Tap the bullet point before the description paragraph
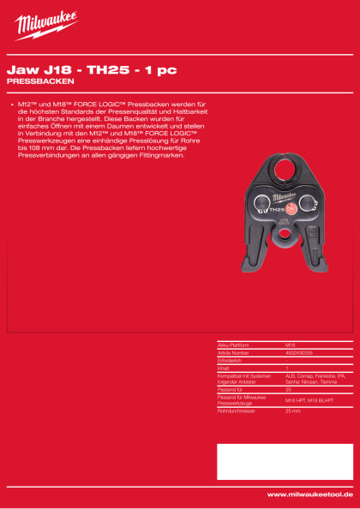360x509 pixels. pyautogui.click(x=9, y=104)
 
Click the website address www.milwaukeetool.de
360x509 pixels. pyautogui.click(x=309, y=494)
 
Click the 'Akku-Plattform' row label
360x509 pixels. pyautogui.click(x=235, y=344)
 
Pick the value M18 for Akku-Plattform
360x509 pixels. pyautogui.click(x=290, y=344)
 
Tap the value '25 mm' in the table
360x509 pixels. pyautogui.click(x=293, y=412)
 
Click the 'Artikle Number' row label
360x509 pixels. pyautogui.click(x=234, y=352)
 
